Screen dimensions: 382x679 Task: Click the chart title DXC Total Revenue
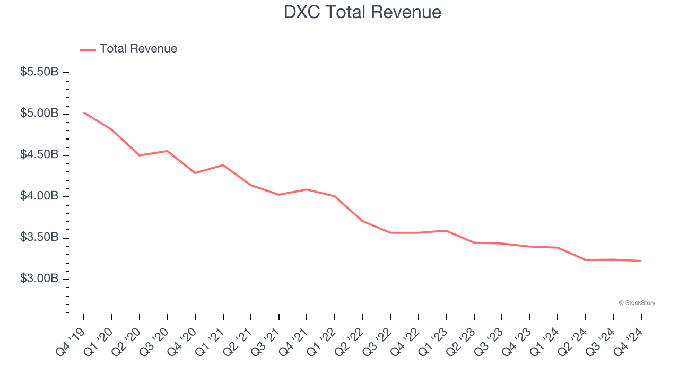(362, 12)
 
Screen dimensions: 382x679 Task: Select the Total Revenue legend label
(138, 49)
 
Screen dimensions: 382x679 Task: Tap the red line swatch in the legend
(88, 49)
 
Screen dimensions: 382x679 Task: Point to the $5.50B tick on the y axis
(39, 72)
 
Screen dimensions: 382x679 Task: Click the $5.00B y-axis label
(39, 114)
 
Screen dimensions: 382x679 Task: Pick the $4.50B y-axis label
(39, 155)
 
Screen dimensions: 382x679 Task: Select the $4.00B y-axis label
(39, 196)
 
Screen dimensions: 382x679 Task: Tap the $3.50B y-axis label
(39, 238)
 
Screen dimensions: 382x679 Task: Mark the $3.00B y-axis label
(39, 279)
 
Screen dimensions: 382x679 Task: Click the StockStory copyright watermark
(637, 303)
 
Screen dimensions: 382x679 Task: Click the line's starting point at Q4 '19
(84, 112)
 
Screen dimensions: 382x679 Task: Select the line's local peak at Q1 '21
(223, 165)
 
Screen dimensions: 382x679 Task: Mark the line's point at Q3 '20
(168, 151)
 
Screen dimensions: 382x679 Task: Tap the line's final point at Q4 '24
(641, 261)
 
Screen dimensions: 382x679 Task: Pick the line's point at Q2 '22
(362, 221)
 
